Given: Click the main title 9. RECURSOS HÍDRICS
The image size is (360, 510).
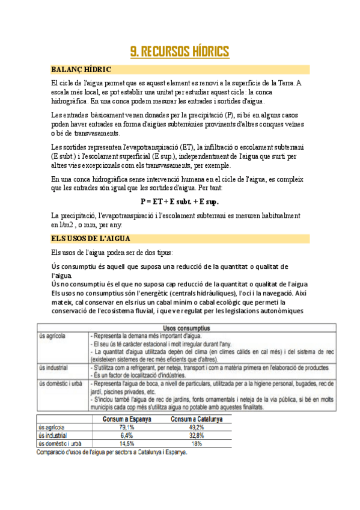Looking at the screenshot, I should point(180,52).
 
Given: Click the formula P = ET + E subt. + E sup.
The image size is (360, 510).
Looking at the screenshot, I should point(180,201).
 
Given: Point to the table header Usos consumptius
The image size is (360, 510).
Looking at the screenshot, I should point(180,328).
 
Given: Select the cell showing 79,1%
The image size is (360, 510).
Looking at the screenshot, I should point(126,427).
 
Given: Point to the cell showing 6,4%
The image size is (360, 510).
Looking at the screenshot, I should point(126,435).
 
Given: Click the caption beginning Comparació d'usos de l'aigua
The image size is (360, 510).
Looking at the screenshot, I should point(112,453).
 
